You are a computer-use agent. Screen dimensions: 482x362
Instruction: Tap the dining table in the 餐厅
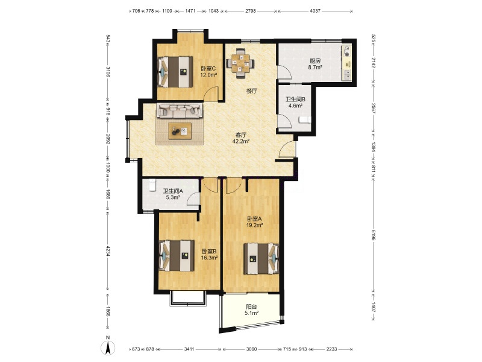pos(240,63)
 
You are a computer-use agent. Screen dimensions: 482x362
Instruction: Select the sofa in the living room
pos(180,110)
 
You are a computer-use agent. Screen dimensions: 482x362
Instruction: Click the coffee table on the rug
pos(180,131)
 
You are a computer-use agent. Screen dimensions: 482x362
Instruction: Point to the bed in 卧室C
pos(175,72)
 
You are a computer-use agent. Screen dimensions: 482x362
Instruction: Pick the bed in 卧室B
pos(177,255)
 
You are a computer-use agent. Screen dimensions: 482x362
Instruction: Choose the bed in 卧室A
pos(261,259)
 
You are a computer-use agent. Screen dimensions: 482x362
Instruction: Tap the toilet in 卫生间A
pos(152,185)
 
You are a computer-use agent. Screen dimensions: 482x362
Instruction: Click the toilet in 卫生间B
pos(305,119)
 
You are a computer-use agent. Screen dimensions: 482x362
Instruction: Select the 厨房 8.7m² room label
pos(315,64)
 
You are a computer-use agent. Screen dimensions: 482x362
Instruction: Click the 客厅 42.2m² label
pos(240,138)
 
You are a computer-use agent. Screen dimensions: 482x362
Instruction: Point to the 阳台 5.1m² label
pos(251,310)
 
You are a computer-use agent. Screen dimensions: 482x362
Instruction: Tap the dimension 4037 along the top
pos(315,11)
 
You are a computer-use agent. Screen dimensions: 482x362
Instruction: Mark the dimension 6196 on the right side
pos(374,235)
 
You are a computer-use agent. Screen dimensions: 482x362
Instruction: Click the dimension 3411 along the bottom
pos(189,349)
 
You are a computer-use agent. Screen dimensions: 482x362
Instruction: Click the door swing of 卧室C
pos(211,94)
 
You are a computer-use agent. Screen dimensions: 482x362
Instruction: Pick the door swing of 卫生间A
pos(193,198)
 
